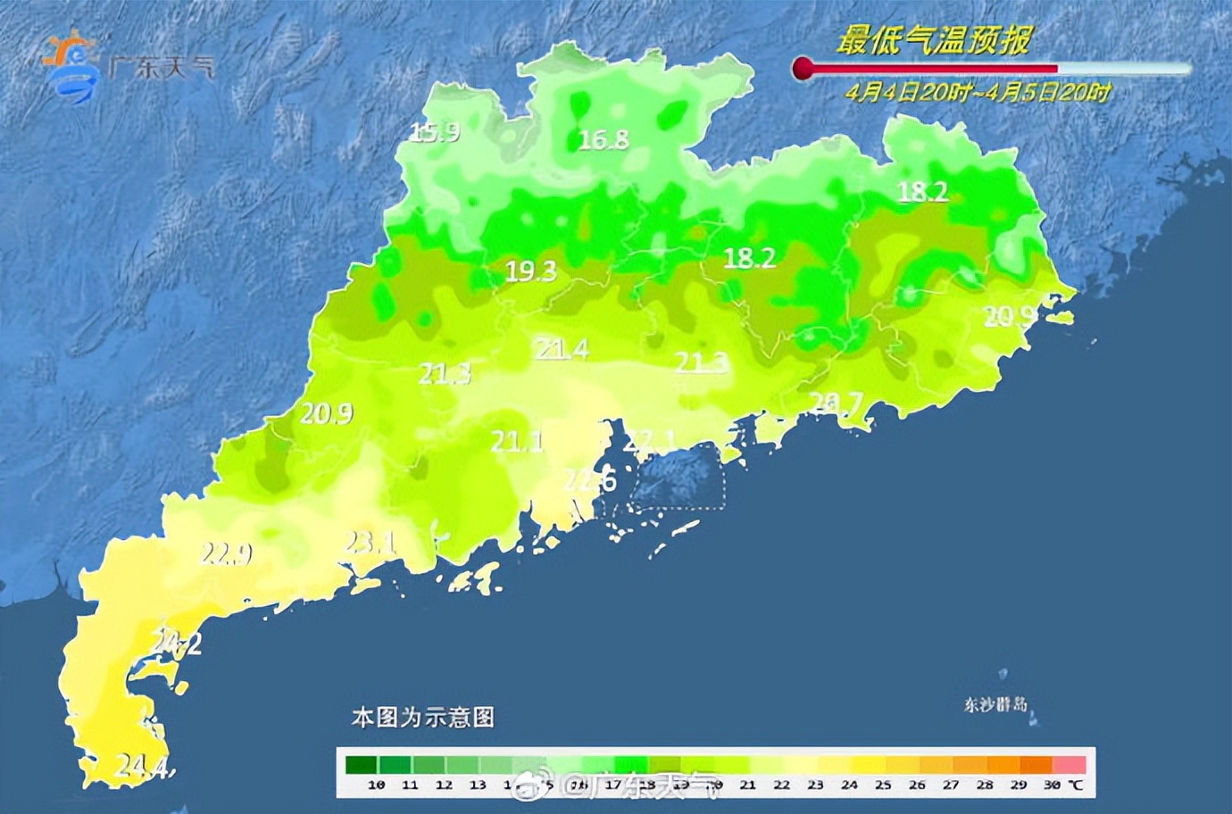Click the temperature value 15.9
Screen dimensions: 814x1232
435,133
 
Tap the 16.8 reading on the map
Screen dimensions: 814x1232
604,139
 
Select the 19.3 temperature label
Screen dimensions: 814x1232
530,271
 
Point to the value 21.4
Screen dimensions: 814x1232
562,349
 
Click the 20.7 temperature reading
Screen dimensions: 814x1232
836,404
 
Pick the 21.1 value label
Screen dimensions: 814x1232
517,440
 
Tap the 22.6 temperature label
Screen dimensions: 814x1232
589,481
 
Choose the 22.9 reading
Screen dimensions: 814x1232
226,554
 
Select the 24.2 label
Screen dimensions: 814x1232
176,643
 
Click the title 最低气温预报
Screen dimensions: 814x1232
934,40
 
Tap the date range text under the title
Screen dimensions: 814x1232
979,92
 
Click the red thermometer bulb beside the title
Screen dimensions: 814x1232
803,69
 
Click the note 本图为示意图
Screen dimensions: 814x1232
422,717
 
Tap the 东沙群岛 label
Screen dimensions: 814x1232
995,704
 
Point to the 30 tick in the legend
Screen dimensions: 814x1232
1052,785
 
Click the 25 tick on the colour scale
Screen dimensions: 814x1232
883,785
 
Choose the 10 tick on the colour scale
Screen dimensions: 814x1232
376,785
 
